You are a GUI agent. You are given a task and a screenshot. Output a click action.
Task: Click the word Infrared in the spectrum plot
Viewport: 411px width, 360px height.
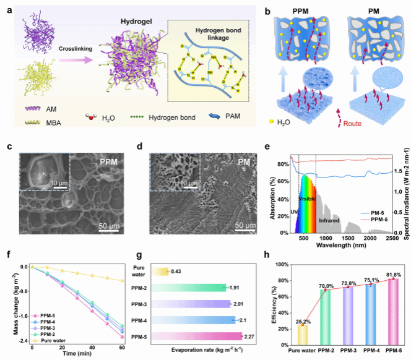pos(329,220)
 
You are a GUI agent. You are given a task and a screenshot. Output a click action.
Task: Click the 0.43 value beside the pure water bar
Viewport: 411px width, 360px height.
pos(176,270)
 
